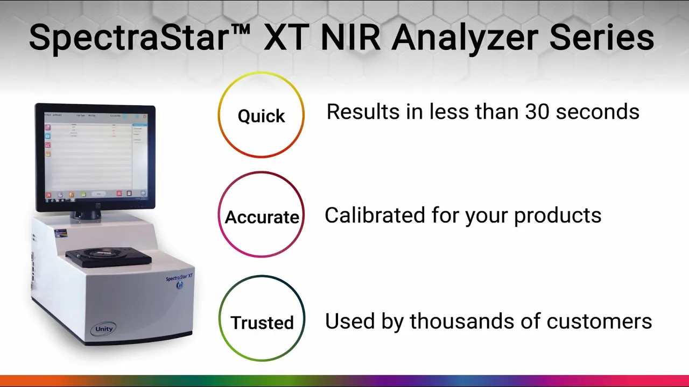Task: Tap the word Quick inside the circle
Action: point(261,116)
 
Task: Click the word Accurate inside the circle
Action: point(262,217)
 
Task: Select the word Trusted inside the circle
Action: point(262,322)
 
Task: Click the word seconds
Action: point(597,112)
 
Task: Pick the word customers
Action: point(599,321)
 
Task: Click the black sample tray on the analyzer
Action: point(108,257)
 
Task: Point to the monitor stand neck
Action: point(86,213)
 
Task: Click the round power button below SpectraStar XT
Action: point(180,286)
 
